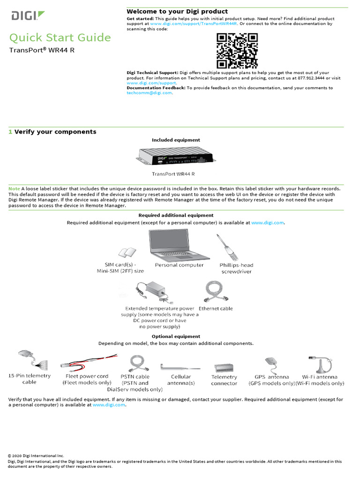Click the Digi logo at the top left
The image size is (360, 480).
coord(28,16)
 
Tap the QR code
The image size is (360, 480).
coord(237,51)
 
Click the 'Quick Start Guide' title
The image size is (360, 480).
coord(60,37)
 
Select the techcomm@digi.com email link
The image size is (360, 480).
coord(150,93)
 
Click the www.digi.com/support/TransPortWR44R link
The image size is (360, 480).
coord(194,23)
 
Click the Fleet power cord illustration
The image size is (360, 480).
coord(87,363)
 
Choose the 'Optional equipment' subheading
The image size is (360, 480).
coord(176,337)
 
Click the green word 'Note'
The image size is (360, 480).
coord(14,188)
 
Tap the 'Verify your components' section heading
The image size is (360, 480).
coord(55,132)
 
